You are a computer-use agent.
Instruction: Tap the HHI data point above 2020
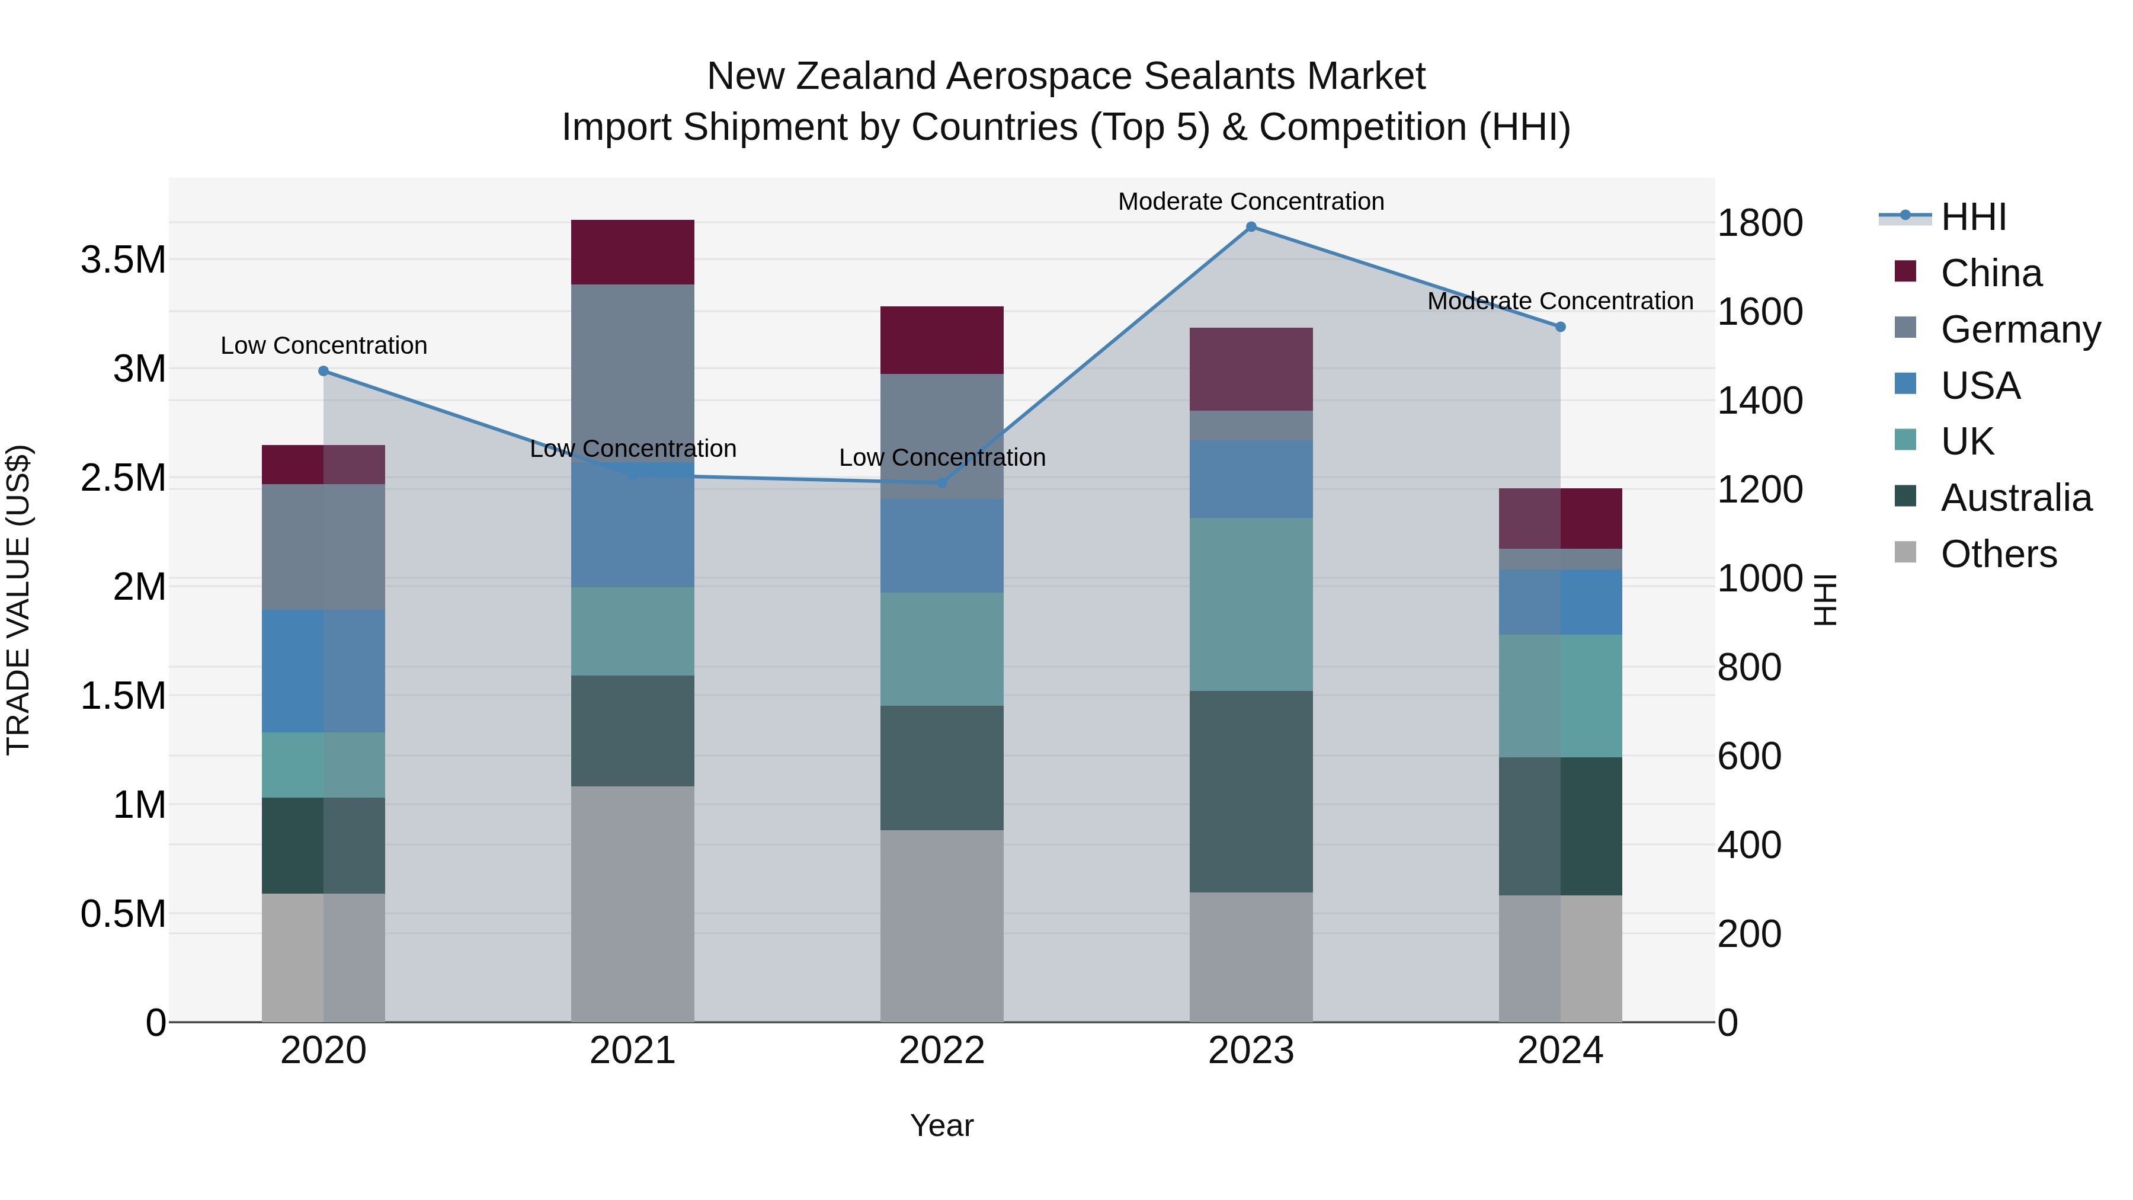coord(324,371)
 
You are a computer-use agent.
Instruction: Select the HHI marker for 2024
coord(1560,327)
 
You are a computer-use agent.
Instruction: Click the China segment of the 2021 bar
coord(633,252)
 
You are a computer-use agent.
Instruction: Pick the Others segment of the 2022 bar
coord(941,926)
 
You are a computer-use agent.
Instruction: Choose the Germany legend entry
coord(2020,329)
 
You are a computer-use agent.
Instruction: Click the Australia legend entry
coord(2016,498)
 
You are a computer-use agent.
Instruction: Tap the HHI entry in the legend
coord(1973,217)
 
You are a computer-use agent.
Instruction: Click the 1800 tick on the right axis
coord(1760,223)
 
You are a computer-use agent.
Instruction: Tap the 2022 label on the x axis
coord(941,1051)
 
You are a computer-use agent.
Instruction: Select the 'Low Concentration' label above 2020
coord(324,345)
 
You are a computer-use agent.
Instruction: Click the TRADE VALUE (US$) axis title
coord(18,600)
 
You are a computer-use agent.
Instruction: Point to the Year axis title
coord(941,1125)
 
